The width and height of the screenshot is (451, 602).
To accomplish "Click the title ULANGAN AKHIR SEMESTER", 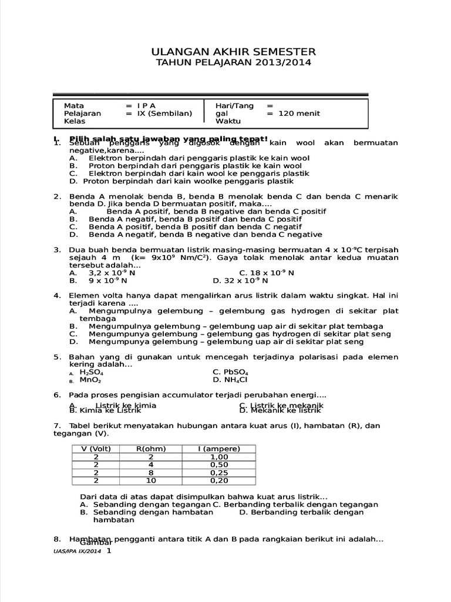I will [x=234, y=52].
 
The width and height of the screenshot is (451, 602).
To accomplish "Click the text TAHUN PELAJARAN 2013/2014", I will [x=234, y=62].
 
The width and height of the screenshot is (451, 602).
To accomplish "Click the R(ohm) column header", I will [x=152, y=449].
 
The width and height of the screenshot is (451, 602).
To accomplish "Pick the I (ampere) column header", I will [x=218, y=449].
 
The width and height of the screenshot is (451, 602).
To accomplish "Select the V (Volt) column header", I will [x=95, y=449].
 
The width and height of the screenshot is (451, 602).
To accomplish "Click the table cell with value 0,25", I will [x=218, y=472].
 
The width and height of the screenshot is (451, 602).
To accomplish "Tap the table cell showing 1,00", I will [x=218, y=457].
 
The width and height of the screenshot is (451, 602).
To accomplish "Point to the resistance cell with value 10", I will [x=152, y=480].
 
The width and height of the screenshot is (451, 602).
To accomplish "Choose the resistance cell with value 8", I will [x=152, y=472].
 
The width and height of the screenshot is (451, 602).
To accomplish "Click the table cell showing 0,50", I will [x=218, y=464].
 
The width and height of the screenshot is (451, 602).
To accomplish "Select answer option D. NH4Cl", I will [x=230, y=380].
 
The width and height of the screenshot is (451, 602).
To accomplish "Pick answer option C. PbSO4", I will [x=230, y=372].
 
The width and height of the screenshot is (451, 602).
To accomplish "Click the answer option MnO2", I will [x=90, y=380].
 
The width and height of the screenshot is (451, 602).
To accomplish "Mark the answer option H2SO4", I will [x=92, y=372].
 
